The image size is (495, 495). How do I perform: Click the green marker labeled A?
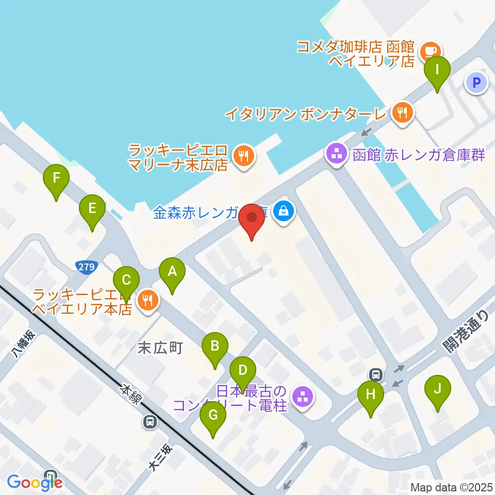tap(172, 271)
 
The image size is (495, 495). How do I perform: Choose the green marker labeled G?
tap(212, 416)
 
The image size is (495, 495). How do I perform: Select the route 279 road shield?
tap(86, 267)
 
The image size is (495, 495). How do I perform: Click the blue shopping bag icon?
tap(283, 210)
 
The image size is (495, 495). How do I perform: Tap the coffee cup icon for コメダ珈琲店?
tap(430, 50)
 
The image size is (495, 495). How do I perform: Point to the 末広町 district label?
tap(160, 348)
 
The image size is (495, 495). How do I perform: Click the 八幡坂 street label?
tap(24, 344)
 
